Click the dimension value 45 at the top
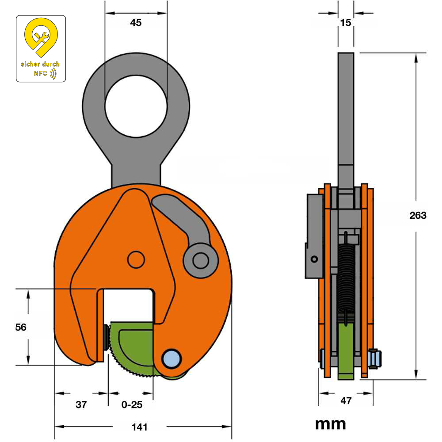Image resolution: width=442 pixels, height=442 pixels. pyautogui.click(x=136, y=23)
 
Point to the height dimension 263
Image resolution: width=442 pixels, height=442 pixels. pyautogui.click(x=418, y=215)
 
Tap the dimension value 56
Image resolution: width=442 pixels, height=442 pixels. pyautogui.click(x=20, y=327)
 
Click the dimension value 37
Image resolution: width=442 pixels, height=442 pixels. pyautogui.click(x=80, y=404)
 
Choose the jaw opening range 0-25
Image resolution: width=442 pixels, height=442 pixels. pyautogui.click(x=131, y=404)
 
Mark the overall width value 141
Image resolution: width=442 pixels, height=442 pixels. pyautogui.click(x=140, y=427)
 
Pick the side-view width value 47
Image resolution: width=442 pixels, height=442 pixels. pyautogui.click(x=346, y=401)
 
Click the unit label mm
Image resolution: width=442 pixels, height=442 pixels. pyautogui.click(x=330, y=424)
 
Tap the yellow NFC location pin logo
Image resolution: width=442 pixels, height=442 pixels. pyautogui.click(x=41, y=38)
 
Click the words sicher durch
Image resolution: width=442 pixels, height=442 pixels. pyautogui.click(x=40, y=64)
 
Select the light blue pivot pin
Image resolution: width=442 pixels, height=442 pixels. pyautogui.click(x=171, y=358)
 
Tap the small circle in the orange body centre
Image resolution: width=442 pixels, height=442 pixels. pyautogui.click(x=136, y=259)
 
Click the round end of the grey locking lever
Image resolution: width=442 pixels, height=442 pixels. pyautogui.click(x=201, y=260)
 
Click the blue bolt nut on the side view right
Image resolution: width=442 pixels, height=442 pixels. pyautogui.click(x=375, y=358)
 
